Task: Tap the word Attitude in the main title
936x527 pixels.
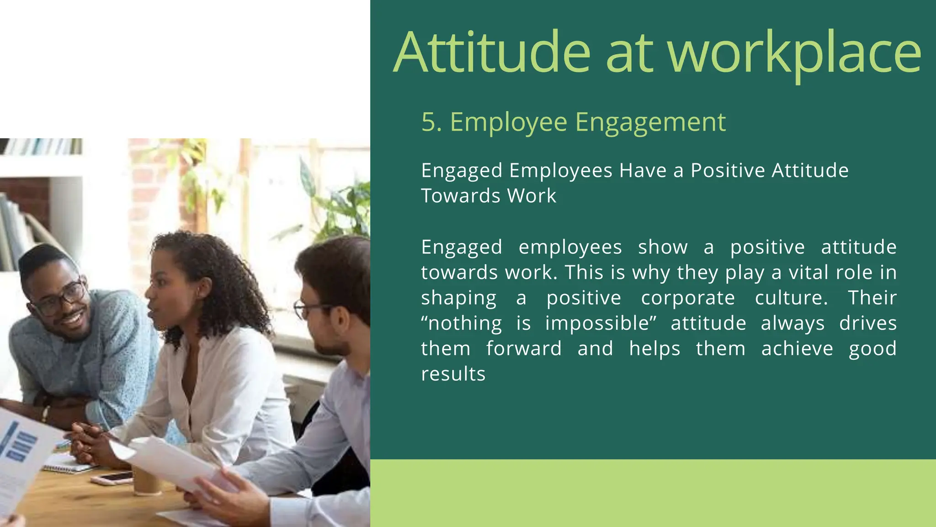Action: point(492,53)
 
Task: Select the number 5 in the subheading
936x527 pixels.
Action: point(428,122)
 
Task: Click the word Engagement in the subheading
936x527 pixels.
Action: point(650,123)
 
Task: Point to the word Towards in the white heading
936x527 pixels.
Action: point(461,196)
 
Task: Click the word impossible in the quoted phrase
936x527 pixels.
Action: point(597,323)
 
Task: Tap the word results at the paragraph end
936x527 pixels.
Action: point(453,374)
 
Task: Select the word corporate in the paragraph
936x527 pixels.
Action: point(688,298)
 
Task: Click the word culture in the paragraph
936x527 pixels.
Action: point(791,298)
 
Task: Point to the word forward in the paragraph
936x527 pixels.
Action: point(524,349)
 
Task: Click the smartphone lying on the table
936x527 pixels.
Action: point(112,478)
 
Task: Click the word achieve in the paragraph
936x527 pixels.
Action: point(797,349)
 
